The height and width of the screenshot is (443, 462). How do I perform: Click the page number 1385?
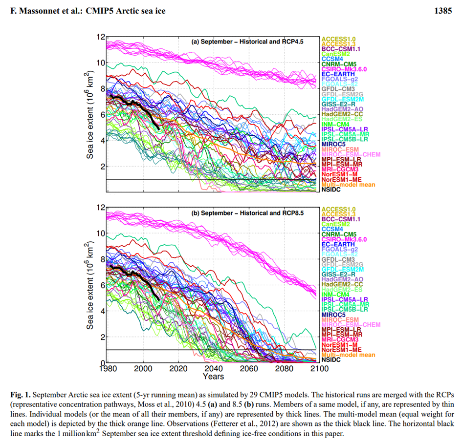point(442,10)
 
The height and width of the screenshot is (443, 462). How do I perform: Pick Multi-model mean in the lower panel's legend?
point(348,355)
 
